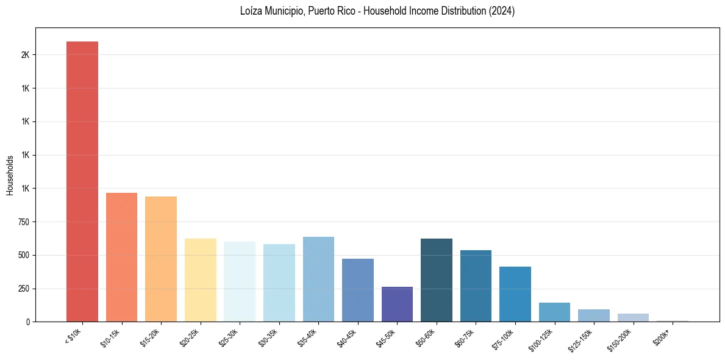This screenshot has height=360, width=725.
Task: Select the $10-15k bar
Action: (121, 257)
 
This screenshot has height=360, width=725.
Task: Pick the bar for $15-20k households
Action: (161, 259)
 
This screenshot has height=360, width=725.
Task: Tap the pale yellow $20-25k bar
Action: (200, 280)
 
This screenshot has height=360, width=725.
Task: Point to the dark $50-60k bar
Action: (437, 280)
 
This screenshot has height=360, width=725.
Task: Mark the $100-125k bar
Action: (554, 312)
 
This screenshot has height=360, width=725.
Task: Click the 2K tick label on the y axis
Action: (25, 55)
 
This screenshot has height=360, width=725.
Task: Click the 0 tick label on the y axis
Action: (27, 322)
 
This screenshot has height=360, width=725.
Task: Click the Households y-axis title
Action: (10, 175)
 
